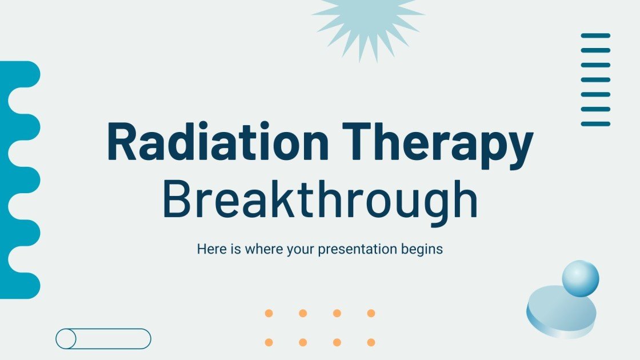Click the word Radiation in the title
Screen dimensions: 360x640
coord(218,143)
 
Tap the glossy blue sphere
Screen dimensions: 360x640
coord(580,278)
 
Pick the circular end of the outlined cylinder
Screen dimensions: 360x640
coord(66,339)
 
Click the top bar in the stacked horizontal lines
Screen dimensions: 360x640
coord(595,35)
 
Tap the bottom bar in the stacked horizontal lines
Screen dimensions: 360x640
coord(595,123)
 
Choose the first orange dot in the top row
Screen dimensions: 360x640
coord(269,313)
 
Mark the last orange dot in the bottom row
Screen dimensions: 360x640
coord(371,342)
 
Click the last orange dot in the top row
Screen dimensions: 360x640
coord(371,313)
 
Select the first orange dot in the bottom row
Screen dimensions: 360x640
coord(269,342)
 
